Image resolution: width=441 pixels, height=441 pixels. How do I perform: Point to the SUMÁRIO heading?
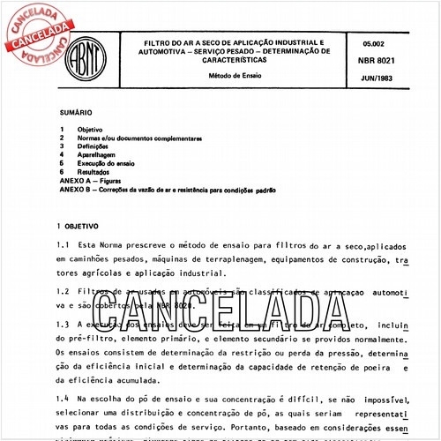pyautogui.click(x=75, y=113)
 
